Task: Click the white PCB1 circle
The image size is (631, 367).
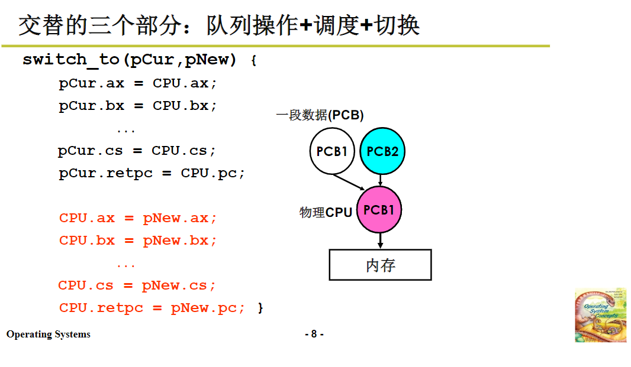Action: [332, 151]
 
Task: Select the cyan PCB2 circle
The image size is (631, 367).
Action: [382, 151]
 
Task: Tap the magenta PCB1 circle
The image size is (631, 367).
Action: [379, 210]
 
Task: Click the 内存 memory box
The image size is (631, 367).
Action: [380, 265]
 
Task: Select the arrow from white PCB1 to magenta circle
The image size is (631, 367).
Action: [349, 181]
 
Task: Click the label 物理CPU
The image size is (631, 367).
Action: [326, 212]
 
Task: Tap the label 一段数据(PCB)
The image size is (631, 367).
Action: [320, 115]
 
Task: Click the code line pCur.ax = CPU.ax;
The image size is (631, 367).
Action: [138, 83]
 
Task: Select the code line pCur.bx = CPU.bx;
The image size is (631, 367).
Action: [138, 106]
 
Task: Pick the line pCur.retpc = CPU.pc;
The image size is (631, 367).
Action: [152, 173]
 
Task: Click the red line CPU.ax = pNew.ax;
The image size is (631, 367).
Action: [138, 218]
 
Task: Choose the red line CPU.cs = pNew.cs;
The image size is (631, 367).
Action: [137, 285]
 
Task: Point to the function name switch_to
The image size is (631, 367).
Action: [70, 60]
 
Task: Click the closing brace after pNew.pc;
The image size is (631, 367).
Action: [260, 308]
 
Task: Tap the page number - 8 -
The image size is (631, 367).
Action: [314, 334]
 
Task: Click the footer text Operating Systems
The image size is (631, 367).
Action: [49, 334]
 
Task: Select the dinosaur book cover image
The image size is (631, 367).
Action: [600, 315]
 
